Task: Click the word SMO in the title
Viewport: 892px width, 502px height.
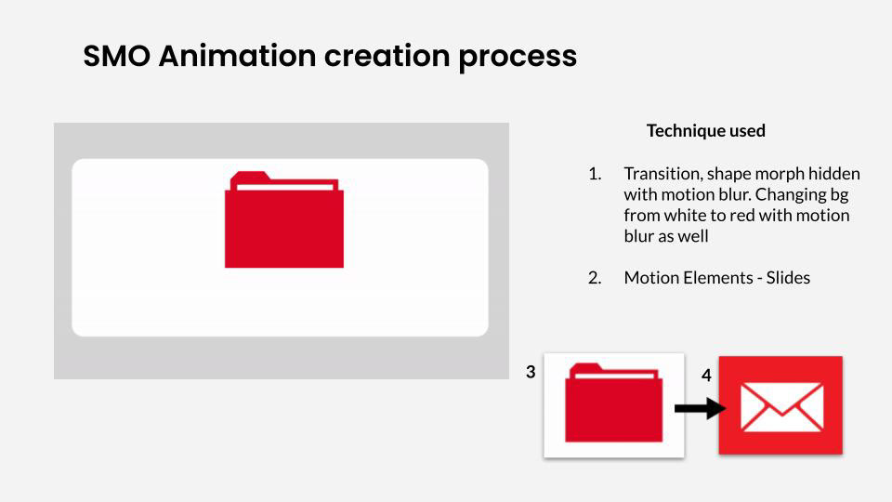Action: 117,56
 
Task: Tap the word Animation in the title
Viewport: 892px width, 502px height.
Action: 237,56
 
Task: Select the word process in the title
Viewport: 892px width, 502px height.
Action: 518,58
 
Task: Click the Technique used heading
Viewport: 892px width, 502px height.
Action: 705,131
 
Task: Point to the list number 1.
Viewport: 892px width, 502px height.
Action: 595,174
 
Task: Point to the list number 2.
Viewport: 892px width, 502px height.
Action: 595,278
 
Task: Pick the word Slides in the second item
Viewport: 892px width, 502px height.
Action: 788,278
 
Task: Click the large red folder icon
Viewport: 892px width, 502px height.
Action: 284,219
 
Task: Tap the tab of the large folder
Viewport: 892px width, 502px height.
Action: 249,178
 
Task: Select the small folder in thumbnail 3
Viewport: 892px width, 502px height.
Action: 614,403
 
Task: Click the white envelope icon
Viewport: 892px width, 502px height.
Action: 781,407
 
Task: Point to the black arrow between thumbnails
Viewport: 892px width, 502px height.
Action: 701,409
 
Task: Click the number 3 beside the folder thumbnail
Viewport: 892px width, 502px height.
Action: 531,372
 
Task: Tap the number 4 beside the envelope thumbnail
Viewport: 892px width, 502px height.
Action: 706,376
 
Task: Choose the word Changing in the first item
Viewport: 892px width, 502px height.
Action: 791,195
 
